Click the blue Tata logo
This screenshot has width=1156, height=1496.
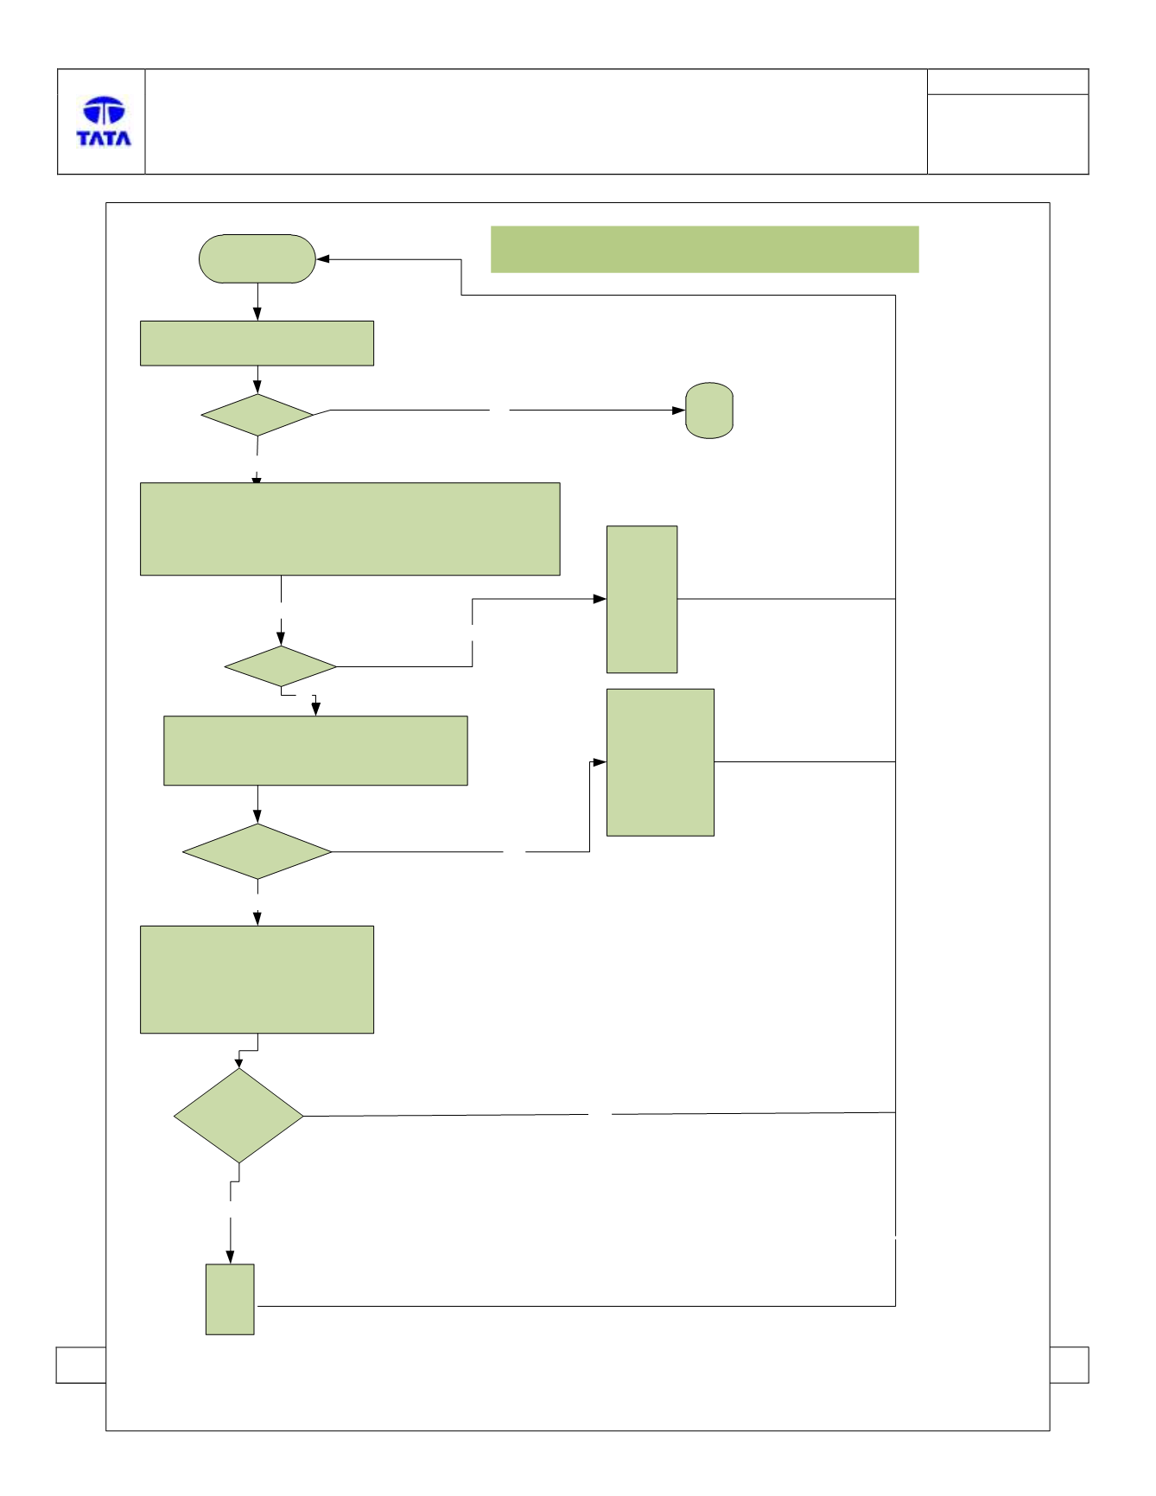(104, 121)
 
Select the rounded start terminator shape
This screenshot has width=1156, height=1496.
(257, 258)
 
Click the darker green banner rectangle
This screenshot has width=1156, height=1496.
(704, 250)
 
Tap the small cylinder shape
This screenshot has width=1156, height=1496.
(709, 411)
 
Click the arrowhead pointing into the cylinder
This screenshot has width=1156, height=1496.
(679, 411)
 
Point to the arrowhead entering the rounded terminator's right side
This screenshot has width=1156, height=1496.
(323, 259)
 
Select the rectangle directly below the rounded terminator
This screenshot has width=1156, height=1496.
(257, 343)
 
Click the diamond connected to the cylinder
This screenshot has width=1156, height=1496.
(257, 416)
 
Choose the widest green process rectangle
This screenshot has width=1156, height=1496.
(350, 529)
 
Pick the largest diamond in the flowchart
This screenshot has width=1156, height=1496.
(238, 1116)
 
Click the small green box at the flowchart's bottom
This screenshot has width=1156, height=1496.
(230, 1299)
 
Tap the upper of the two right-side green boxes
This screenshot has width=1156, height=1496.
(642, 599)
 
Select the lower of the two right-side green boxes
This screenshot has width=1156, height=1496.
(661, 762)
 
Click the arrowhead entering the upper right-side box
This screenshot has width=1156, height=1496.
(600, 599)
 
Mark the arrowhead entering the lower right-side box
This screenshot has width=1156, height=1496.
(600, 762)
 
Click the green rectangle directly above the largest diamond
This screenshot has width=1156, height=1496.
(257, 979)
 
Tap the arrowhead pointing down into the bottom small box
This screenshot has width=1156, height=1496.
(230, 1257)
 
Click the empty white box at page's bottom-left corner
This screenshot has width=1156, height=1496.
(81, 1365)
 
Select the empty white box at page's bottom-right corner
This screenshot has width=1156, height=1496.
(1070, 1365)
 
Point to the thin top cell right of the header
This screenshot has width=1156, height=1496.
(1008, 82)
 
